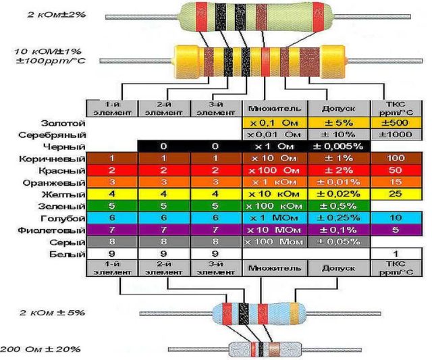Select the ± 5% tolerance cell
[339, 124]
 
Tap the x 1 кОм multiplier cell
[273, 182]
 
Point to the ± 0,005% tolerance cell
[339, 147]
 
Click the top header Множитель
[273, 108]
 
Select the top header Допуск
[339, 108]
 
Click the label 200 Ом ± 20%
[40, 349]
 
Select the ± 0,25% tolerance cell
[339, 218]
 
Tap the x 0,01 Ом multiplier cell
[273, 135]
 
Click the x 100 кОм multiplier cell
[273, 206]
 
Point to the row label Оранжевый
[59, 182]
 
